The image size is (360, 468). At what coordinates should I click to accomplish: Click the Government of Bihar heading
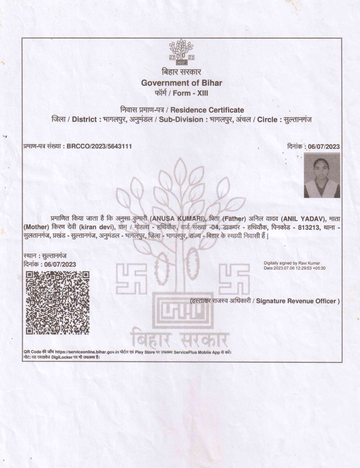181,83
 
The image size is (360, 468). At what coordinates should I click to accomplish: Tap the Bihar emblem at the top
181,51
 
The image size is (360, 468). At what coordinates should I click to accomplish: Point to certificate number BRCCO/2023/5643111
99,146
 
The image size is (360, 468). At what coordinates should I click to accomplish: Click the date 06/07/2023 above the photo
323,147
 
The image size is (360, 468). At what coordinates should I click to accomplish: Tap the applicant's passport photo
322,175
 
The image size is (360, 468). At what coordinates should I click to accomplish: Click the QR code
57,303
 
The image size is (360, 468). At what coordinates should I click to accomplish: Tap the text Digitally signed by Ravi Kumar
292,263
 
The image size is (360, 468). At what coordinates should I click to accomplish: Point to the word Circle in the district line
269,119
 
